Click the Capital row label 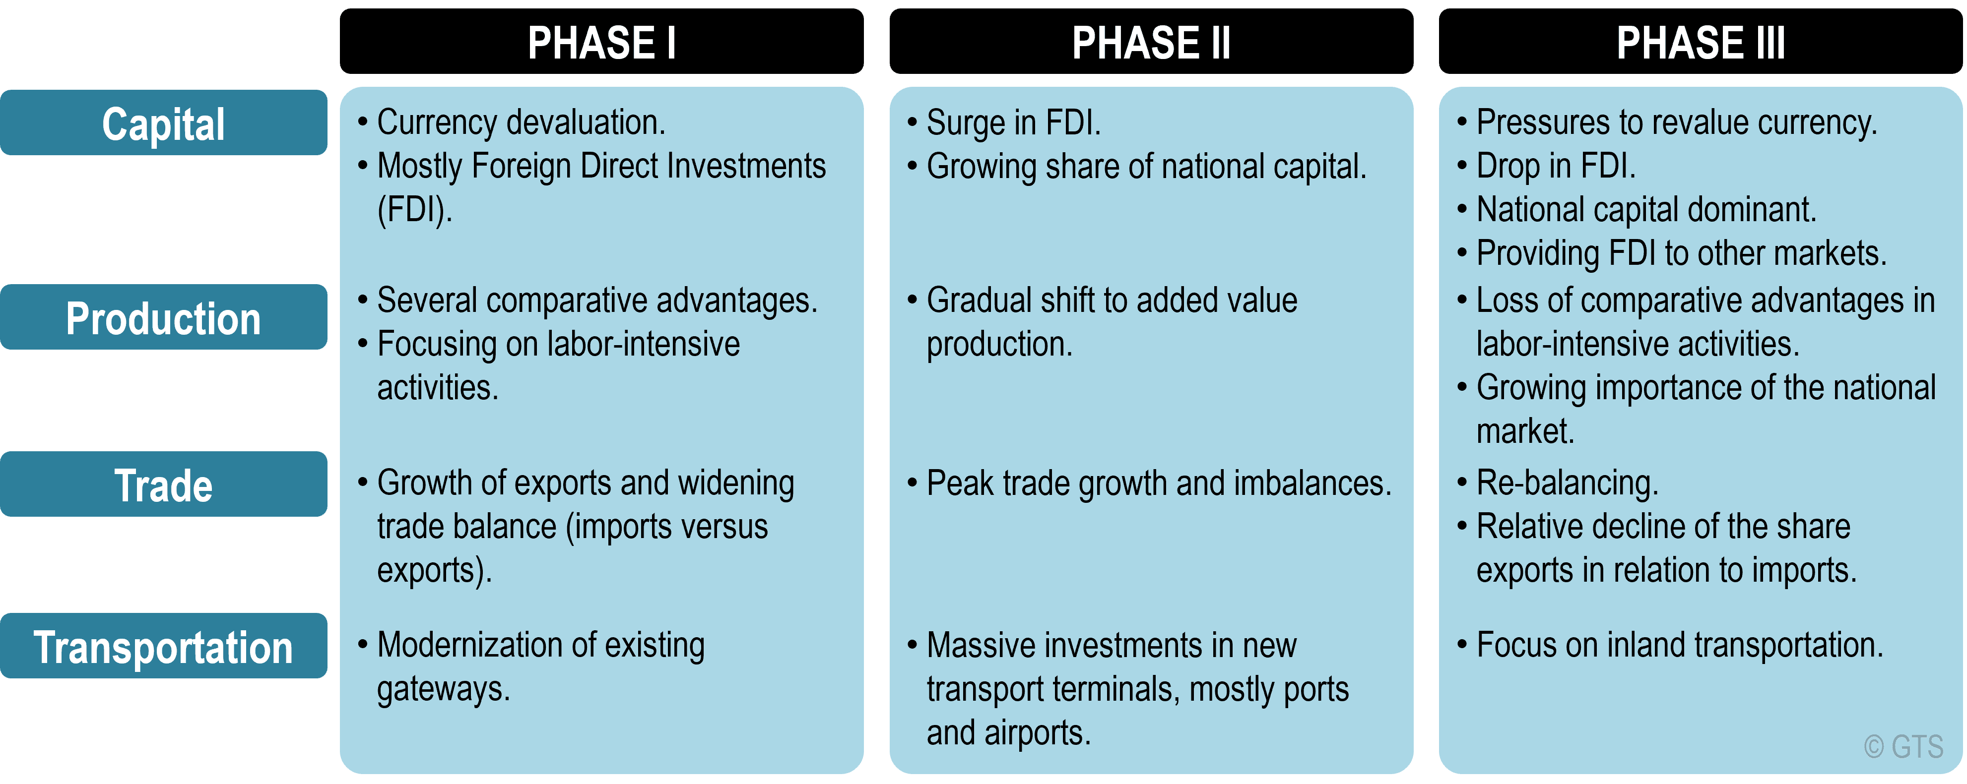[163, 123]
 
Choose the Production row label [163, 317]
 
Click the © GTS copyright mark [1903, 747]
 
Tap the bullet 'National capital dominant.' [1637, 210]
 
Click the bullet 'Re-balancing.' [1558, 483]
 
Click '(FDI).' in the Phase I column [415, 210]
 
